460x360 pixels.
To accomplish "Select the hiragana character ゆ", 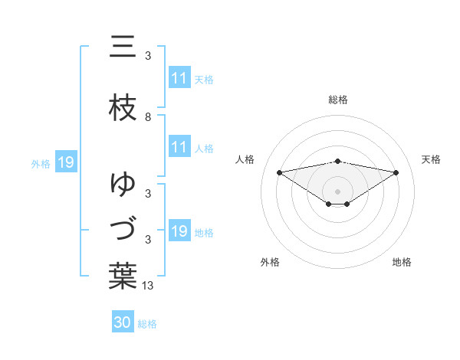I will (123, 184).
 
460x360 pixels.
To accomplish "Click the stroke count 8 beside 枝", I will (148, 117).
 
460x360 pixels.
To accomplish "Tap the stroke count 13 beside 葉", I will (149, 286).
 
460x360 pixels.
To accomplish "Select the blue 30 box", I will (123, 322).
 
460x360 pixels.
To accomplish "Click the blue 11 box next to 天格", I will (179, 78).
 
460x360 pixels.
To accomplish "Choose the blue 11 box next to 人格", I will (179, 147).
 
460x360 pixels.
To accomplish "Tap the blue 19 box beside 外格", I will (65, 162).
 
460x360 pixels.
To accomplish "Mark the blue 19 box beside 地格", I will (179, 231).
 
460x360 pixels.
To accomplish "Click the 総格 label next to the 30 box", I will (147, 324).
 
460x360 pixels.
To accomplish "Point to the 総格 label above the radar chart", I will (338, 100).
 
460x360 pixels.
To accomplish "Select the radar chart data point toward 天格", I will (396, 172).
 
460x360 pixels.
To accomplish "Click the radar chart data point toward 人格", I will (279, 172).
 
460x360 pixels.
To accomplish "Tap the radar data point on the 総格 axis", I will (338, 161).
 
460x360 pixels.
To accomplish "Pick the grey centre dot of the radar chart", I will (338, 191).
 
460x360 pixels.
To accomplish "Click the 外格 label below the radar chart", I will (270, 262).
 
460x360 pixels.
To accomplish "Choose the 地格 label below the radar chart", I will (402, 262).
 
